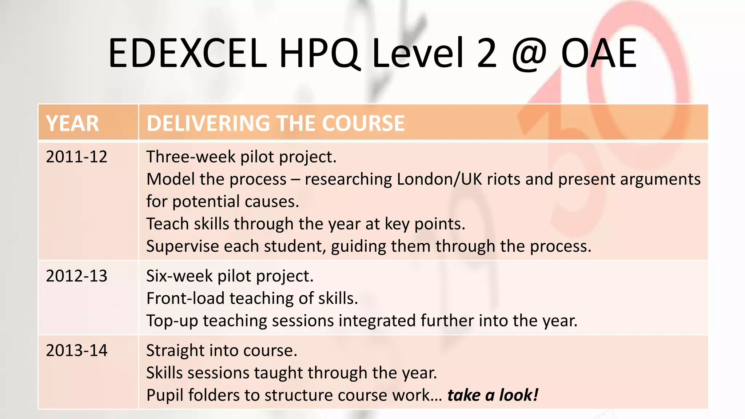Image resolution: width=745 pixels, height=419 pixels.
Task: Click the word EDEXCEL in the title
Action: tap(187, 54)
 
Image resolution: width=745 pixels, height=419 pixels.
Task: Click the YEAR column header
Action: tap(72, 123)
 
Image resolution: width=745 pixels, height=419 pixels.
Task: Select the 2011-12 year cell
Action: tap(77, 157)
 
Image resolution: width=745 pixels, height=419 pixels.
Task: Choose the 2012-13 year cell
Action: tap(77, 276)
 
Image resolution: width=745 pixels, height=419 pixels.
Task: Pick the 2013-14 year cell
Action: tap(77, 351)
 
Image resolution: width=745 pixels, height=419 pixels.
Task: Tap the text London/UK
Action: tap(439, 179)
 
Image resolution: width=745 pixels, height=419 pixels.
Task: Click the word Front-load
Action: tap(185, 299)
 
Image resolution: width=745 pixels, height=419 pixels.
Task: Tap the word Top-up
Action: tap(172, 321)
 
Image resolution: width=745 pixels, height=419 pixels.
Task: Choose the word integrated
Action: tap(378, 321)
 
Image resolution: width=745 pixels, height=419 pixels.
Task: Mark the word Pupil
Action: tap(165, 395)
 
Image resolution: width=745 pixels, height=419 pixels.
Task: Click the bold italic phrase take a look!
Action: tap(493, 395)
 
